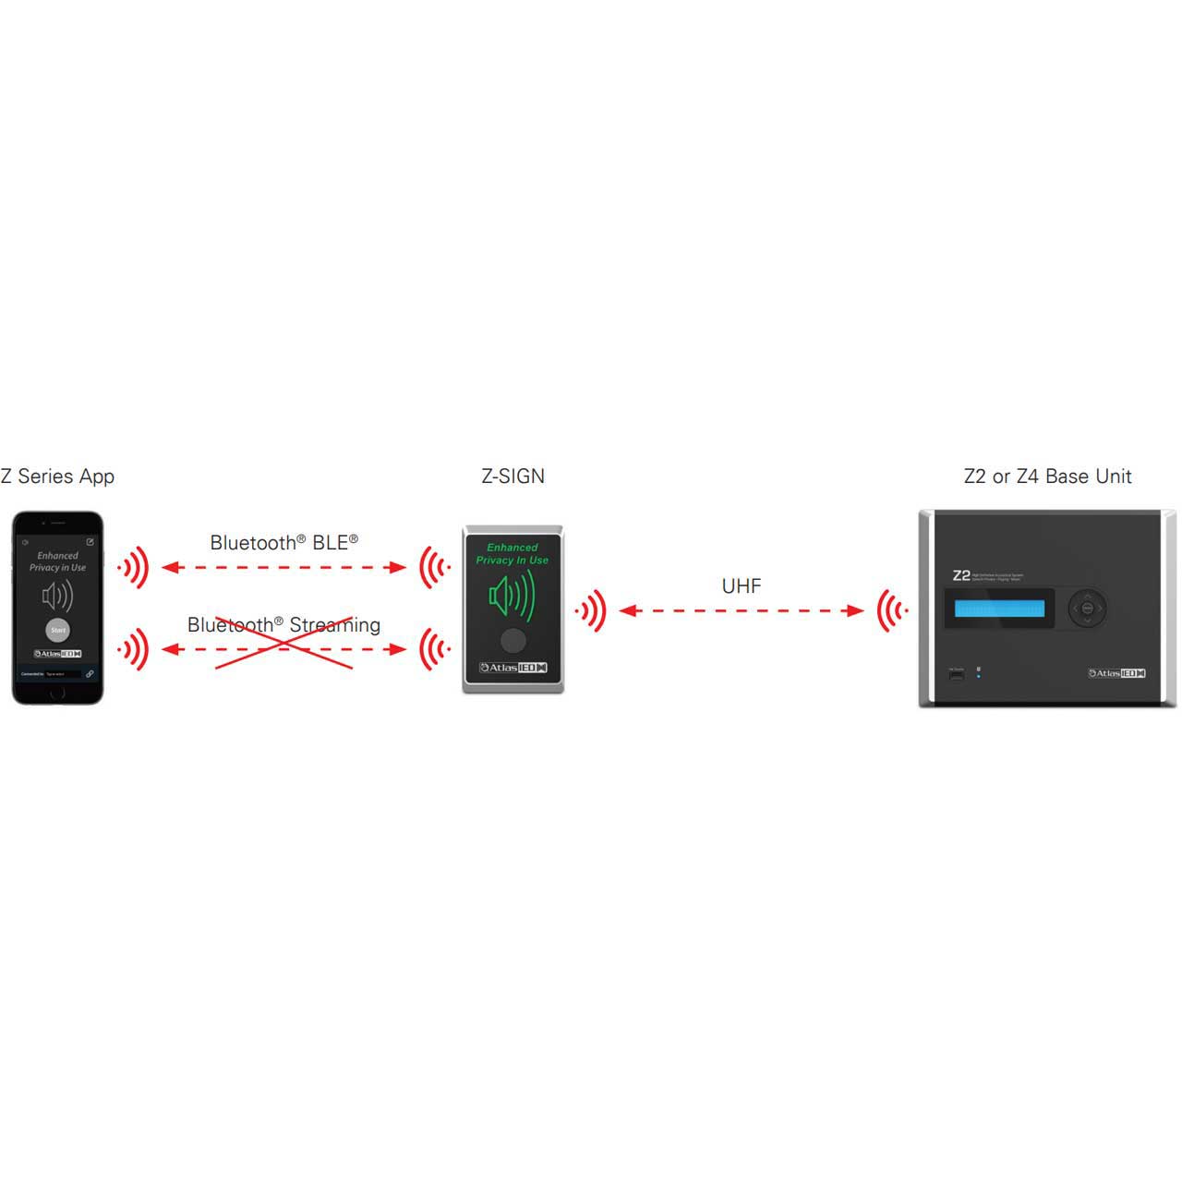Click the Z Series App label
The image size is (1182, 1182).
(x=57, y=476)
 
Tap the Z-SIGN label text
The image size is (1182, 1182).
(x=513, y=476)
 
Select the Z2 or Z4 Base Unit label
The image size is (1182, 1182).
(x=1047, y=476)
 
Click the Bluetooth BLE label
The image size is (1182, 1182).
(x=283, y=543)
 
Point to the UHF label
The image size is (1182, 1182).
(x=741, y=586)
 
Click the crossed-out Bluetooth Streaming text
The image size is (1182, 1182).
(x=283, y=625)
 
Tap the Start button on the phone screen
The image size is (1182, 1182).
(x=58, y=630)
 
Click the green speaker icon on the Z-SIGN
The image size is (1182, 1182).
(x=512, y=595)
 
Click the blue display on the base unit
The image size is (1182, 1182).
(x=999, y=609)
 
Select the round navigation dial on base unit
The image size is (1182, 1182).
(x=1087, y=609)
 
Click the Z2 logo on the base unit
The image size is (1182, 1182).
(x=961, y=575)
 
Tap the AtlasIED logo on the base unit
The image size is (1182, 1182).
(x=1116, y=673)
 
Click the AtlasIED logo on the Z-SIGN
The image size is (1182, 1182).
(x=513, y=668)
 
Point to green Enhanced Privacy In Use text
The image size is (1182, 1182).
(x=513, y=554)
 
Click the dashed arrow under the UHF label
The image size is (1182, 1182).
(x=741, y=610)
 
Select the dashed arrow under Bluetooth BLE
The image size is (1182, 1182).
(x=283, y=567)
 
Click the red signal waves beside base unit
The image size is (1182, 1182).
(x=892, y=610)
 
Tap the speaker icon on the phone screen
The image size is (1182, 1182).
(x=57, y=597)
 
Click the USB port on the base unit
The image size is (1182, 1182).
(x=956, y=676)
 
